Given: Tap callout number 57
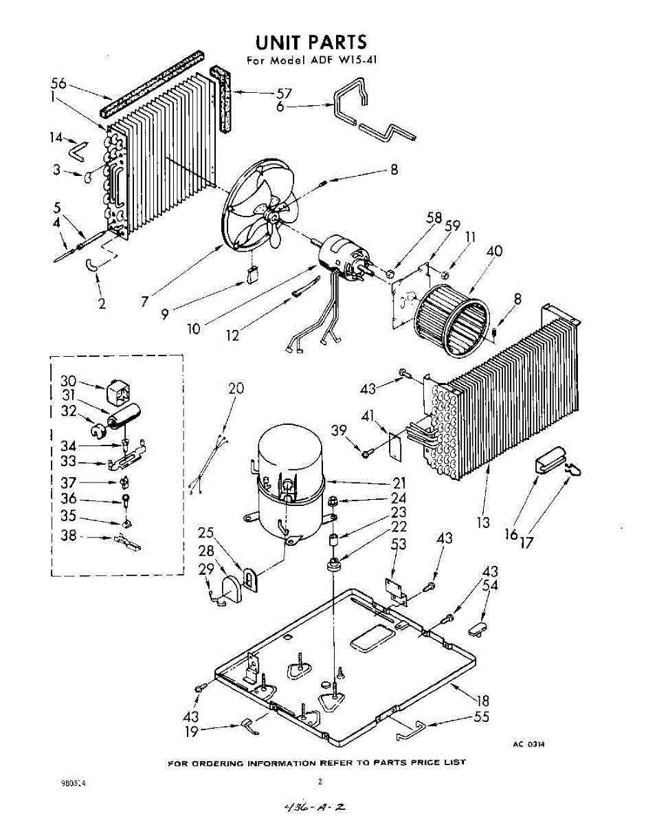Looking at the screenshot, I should [x=284, y=93].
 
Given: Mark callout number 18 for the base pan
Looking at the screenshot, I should [x=483, y=701].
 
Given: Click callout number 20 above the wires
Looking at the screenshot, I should [x=236, y=388].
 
